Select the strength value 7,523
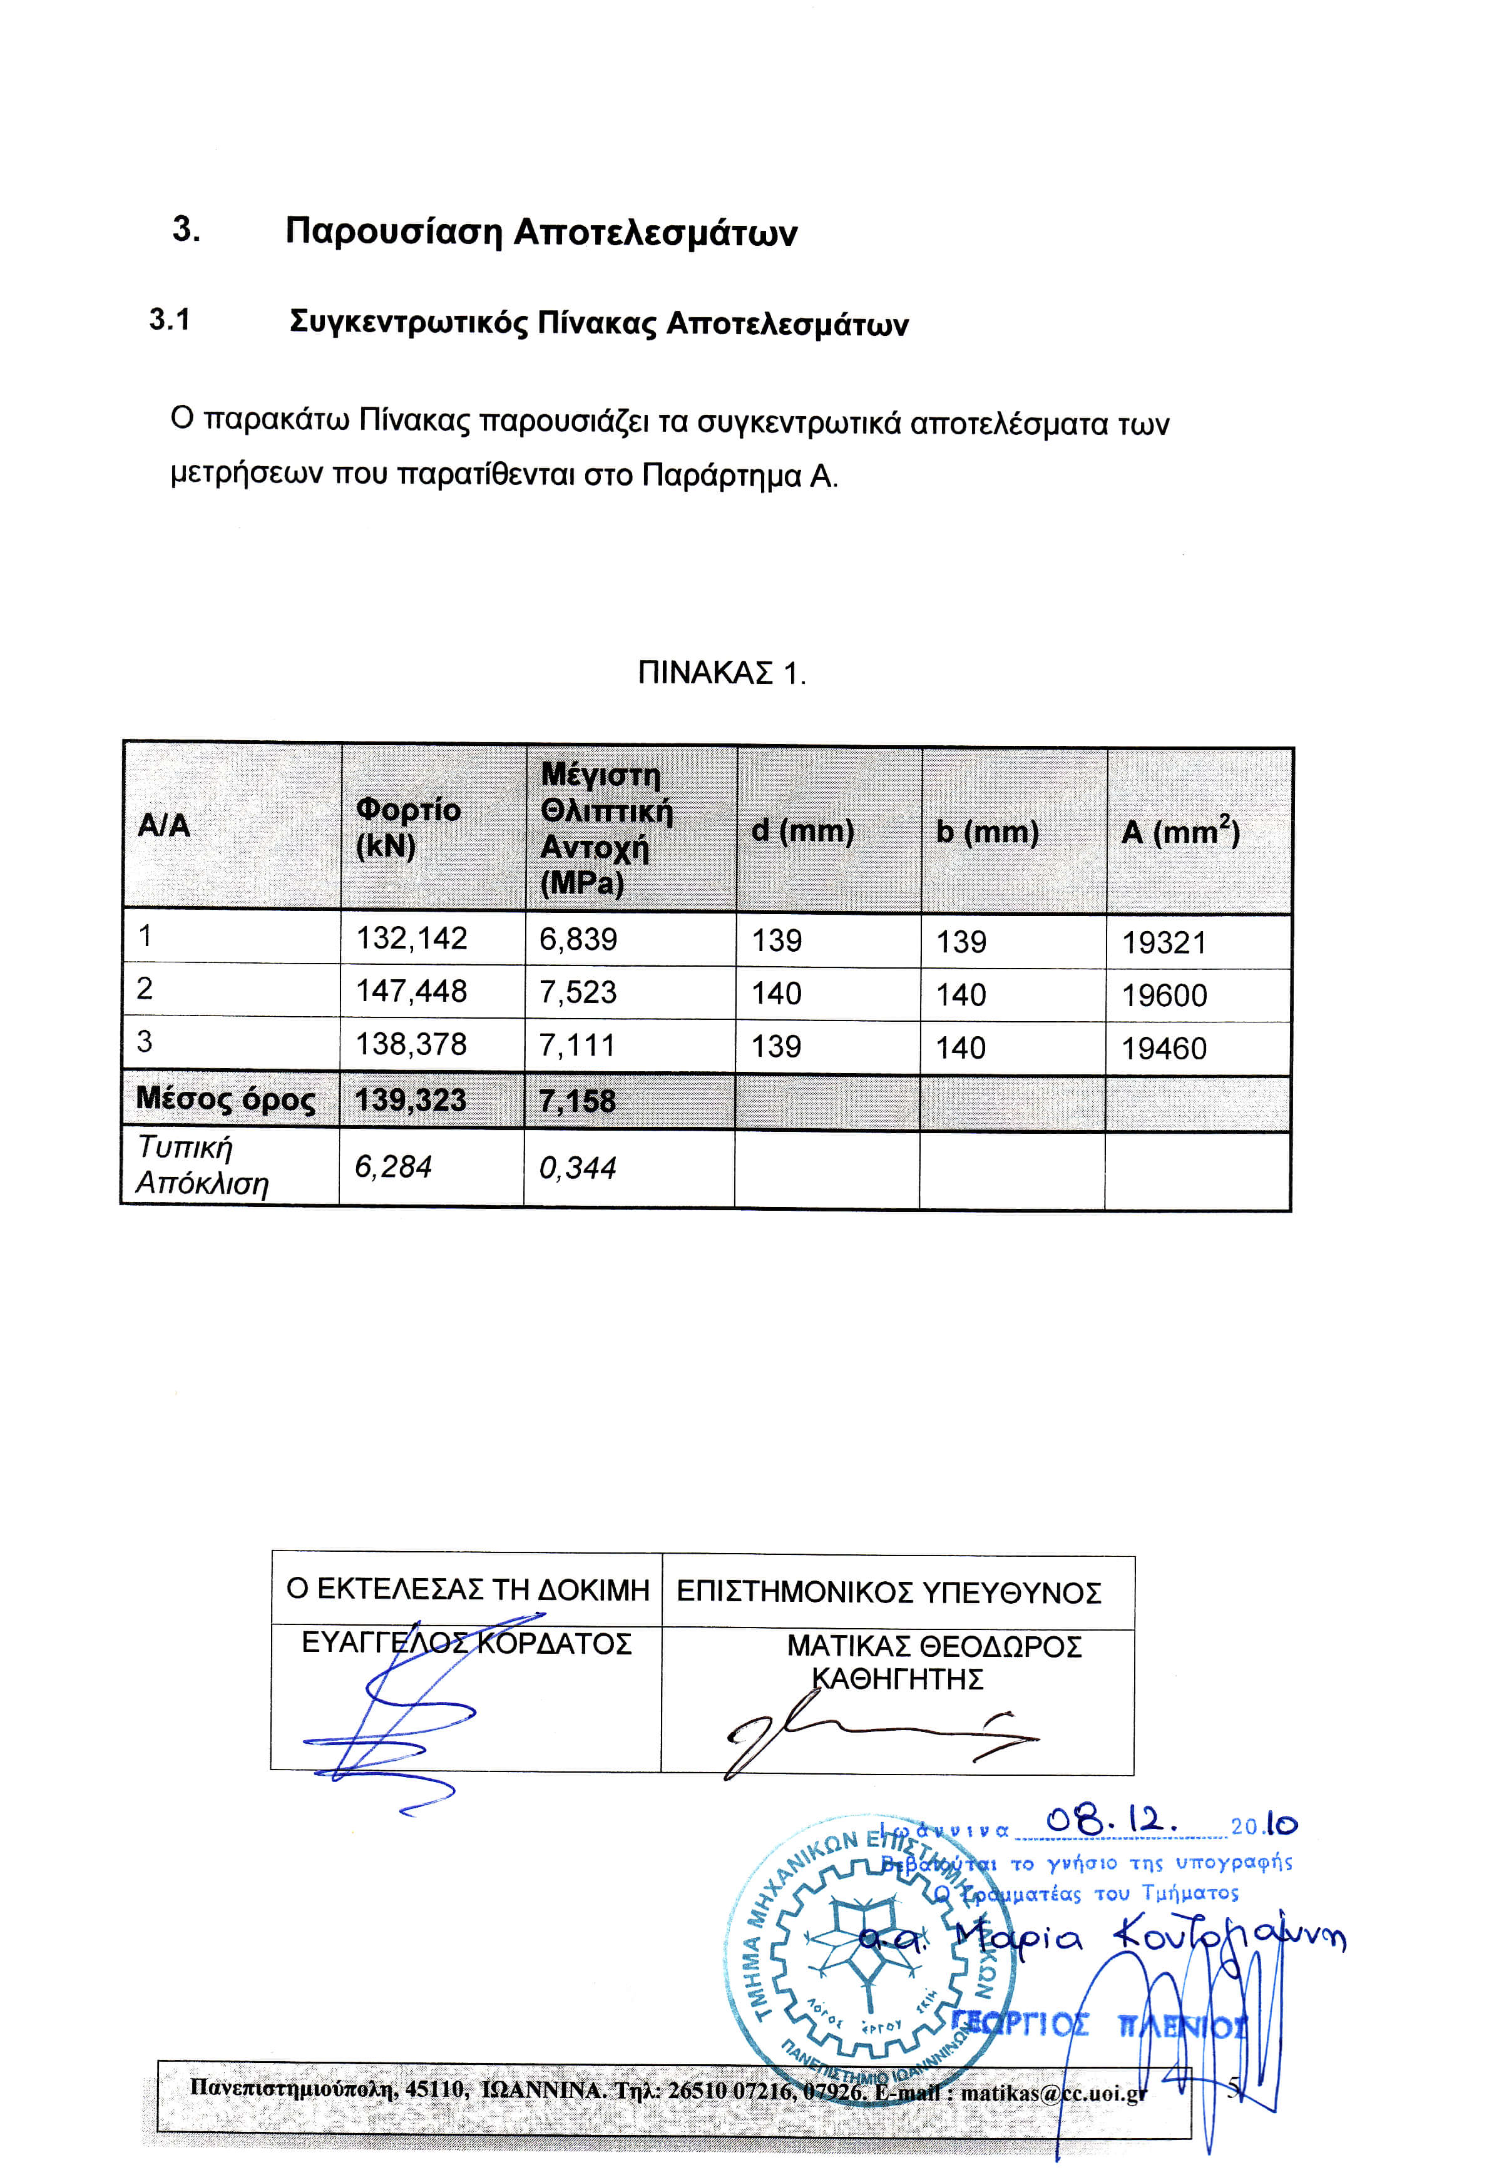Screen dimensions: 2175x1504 click(578, 992)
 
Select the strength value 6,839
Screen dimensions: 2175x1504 click(578, 939)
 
